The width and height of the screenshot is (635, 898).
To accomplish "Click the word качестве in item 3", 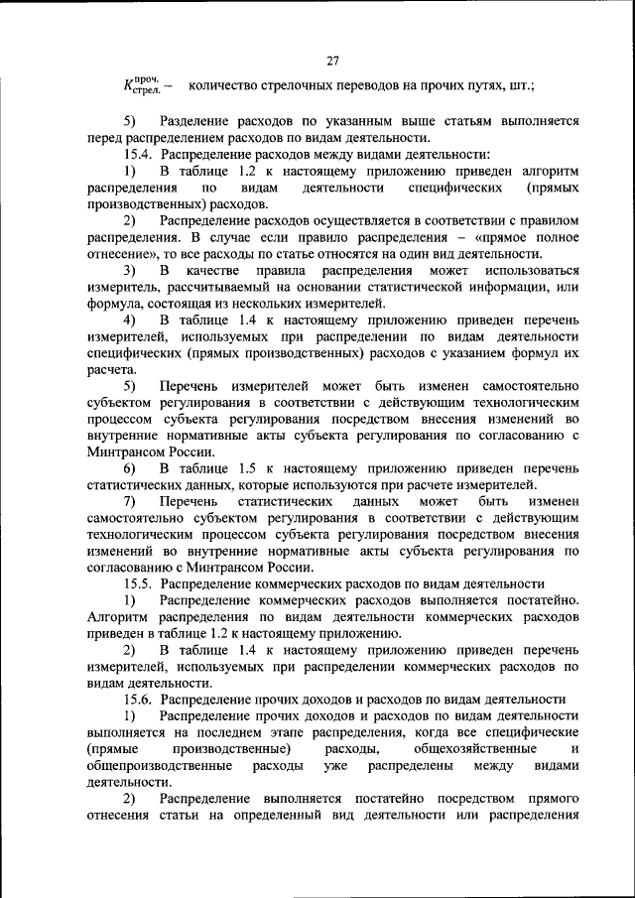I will tap(216, 270).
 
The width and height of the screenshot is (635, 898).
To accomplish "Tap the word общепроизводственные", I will tap(160, 767).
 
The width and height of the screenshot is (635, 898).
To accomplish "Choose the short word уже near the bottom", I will tap(336, 767).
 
